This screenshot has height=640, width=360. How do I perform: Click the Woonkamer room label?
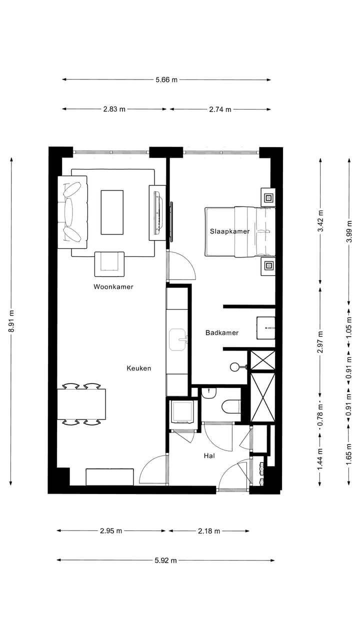[x=113, y=287]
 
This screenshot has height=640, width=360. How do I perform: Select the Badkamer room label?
[x=221, y=332]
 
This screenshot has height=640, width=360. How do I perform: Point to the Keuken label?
[x=138, y=368]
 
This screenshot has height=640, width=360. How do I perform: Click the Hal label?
[x=209, y=456]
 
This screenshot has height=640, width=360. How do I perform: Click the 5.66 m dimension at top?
[x=166, y=79]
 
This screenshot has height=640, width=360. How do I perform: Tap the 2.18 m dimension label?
[x=209, y=531]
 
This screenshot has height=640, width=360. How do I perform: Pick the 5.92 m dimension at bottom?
[x=165, y=560]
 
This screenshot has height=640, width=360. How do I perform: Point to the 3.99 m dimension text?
[x=349, y=230]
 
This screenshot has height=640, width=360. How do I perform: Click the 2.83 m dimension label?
[x=114, y=109]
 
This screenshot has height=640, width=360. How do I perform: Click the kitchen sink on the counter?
[x=178, y=340]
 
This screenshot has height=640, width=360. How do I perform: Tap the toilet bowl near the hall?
[x=230, y=406]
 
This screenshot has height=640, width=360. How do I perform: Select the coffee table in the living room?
[x=112, y=212]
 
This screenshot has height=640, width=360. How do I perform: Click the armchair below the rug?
[x=109, y=263]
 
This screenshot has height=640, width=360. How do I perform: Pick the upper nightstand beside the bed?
[x=268, y=197]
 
